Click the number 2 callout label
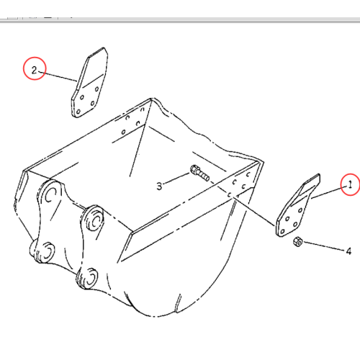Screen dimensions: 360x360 [x=33, y=70]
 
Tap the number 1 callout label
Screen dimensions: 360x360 [x=350, y=185]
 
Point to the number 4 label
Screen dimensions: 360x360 [x=348, y=251]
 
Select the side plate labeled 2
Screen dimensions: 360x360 [x=89, y=86]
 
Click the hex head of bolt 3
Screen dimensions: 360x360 [x=194, y=171]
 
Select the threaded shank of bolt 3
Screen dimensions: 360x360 [x=204, y=174]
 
